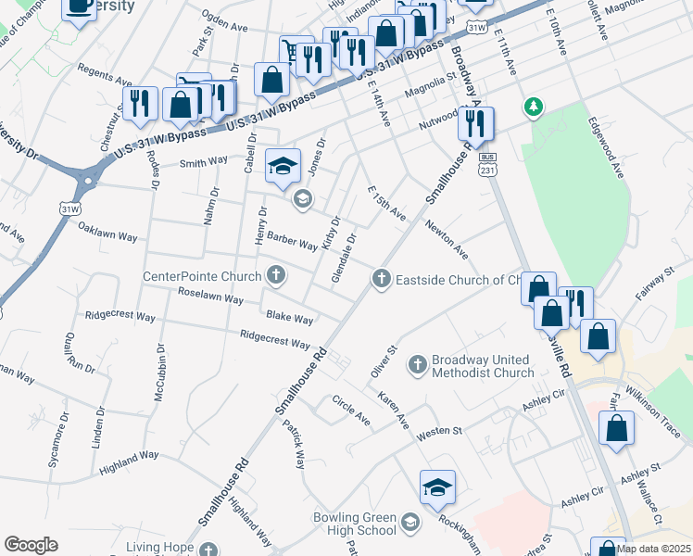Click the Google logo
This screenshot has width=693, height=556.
[31, 545]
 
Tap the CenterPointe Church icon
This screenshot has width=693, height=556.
[275, 274]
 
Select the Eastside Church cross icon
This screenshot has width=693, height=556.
[381, 278]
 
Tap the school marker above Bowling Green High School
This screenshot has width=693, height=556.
[437, 487]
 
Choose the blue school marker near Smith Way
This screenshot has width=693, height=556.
[283, 166]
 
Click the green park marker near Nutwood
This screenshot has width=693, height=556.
[533, 107]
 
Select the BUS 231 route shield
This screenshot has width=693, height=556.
[489, 164]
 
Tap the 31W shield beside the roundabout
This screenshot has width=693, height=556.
[70, 209]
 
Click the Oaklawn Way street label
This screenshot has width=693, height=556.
[107, 232]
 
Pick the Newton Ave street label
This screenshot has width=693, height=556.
[447, 239]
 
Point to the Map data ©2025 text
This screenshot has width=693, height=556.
[653, 549]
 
